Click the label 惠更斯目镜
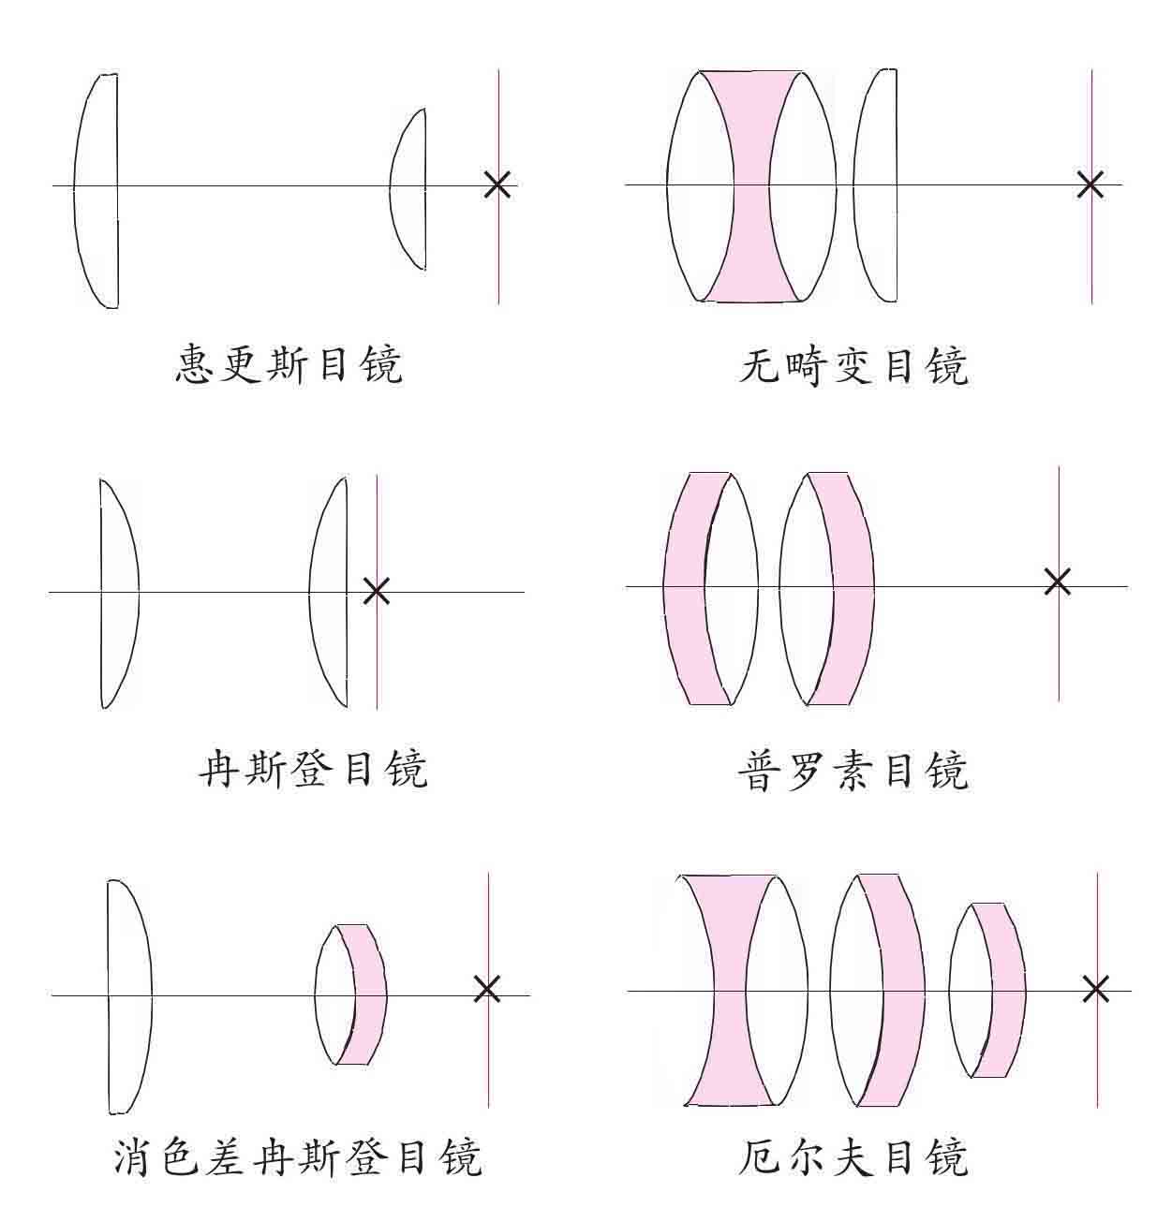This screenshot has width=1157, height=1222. pyautogui.click(x=289, y=364)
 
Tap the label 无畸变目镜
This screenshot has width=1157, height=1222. pyautogui.click(x=853, y=364)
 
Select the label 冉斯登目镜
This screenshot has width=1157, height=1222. pyautogui.click(x=313, y=769)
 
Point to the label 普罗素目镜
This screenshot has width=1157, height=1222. pyautogui.click(x=853, y=771)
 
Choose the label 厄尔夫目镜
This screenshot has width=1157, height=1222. pyautogui.click(x=853, y=1156)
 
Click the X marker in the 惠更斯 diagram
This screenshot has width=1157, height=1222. pyautogui.click(x=497, y=184)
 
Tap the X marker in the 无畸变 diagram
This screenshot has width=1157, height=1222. pyautogui.click(x=1090, y=184)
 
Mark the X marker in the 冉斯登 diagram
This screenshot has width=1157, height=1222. pyautogui.click(x=376, y=591)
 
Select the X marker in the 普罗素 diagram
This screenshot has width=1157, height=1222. pyautogui.click(x=1057, y=582)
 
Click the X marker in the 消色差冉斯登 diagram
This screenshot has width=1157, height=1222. pyautogui.click(x=486, y=988)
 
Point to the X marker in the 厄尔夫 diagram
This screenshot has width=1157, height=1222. pyautogui.click(x=1095, y=988)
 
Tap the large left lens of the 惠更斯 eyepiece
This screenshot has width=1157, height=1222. pyautogui.click(x=97, y=187)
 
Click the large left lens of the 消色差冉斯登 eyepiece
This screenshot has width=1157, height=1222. pyautogui.click(x=127, y=995)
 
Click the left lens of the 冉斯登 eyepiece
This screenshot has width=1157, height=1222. pyautogui.click(x=118, y=592)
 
